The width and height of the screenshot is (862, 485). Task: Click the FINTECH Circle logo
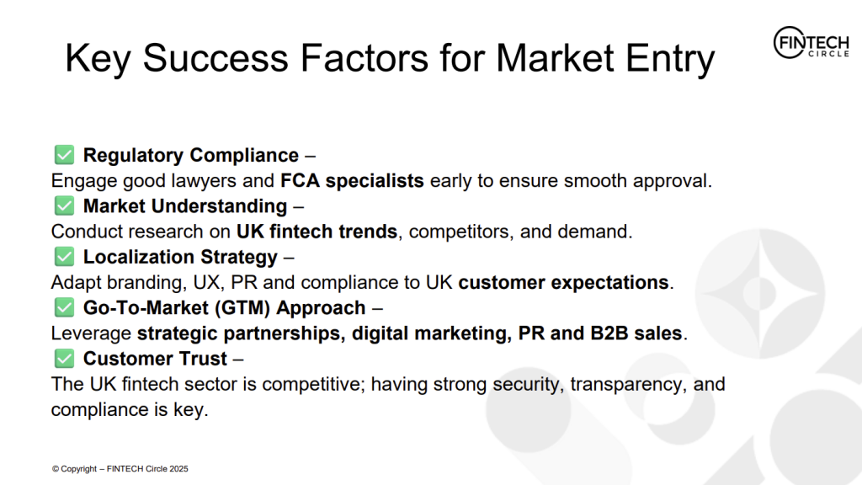[x=811, y=42]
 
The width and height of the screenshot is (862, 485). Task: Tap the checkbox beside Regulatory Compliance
[x=64, y=155]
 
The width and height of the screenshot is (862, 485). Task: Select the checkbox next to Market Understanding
[x=64, y=205]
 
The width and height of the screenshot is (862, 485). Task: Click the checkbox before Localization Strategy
[x=64, y=257]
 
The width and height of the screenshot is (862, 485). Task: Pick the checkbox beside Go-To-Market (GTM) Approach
[x=64, y=307]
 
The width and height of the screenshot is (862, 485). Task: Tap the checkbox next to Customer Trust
[x=64, y=359]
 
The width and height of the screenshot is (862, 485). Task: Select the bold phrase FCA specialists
[x=352, y=180]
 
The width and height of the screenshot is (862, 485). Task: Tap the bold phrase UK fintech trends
[x=317, y=232]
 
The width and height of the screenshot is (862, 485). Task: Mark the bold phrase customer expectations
[x=563, y=283]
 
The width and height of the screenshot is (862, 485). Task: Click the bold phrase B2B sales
[x=636, y=333]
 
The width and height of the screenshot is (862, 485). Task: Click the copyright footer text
[x=120, y=469]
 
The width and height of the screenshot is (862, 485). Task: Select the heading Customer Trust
[x=155, y=359]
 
